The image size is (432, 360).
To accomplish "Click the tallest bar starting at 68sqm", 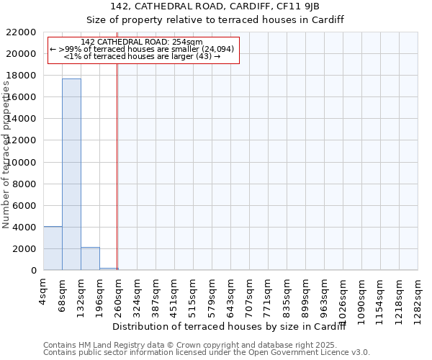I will click(x=71, y=174).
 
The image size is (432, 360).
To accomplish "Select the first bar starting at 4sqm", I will click(x=53, y=248).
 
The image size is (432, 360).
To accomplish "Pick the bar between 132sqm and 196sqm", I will click(x=90, y=258).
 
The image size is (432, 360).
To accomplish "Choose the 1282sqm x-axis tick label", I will click(x=418, y=296).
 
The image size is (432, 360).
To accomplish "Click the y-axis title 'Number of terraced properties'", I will click(x=6, y=156).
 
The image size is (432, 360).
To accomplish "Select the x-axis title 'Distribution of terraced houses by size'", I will click(x=230, y=327).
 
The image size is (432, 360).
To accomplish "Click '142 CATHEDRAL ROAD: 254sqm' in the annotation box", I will click(x=142, y=42).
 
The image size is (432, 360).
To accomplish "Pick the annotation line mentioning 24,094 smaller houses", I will click(x=142, y=49).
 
